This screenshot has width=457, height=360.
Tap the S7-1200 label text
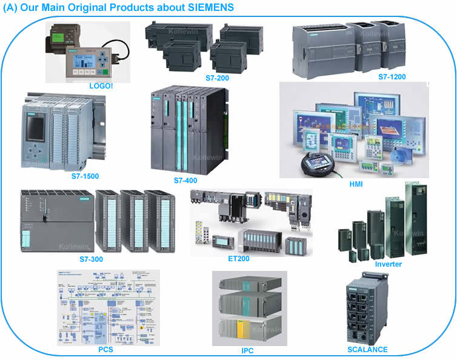tap(392, 77)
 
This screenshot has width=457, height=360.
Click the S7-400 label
tap(187, 181)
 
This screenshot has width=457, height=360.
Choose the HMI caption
tap(356, 184)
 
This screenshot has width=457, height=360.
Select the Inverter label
tap(388, 264)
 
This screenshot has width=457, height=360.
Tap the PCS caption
tap(105, 350)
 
